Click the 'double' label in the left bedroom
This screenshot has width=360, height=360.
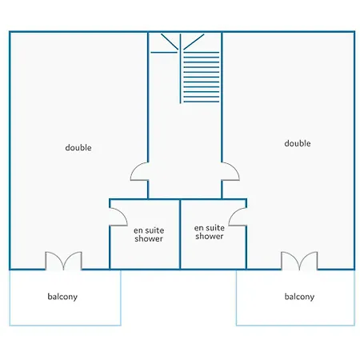(x=78, y=147)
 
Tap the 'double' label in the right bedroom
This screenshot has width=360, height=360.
(x=298, y=143)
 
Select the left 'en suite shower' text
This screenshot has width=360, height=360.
(x=149, y=234)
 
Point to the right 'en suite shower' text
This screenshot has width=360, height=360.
(x=210, y=232)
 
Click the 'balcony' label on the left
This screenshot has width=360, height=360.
(x=62, y=297)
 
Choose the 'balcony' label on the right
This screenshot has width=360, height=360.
(x=299, y=297)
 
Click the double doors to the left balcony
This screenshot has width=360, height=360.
(x=63, y=260)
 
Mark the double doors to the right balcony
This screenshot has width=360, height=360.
(x=299, y=260)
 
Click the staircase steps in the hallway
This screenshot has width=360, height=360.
(x=202, y=77)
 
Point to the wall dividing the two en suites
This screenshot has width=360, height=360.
(x=180, y=234)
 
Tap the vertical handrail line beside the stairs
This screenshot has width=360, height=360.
(x=181, y=69)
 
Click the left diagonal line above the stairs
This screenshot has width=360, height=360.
(x=170, y=42)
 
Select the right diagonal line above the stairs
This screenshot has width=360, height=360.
(x=194, y=42)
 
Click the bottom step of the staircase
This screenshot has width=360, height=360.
(x=202, y=102)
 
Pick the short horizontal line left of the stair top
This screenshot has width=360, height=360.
(x=164, y=52)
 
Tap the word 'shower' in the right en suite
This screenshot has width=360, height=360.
(x=210, y=236)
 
